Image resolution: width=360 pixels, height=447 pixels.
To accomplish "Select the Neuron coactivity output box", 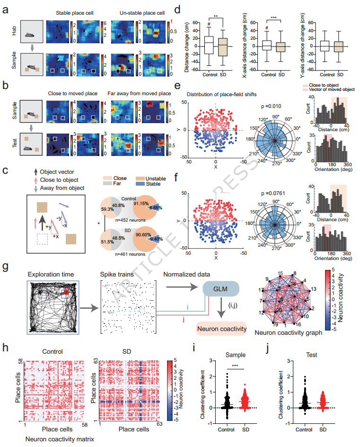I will click(x=221, y=328).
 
